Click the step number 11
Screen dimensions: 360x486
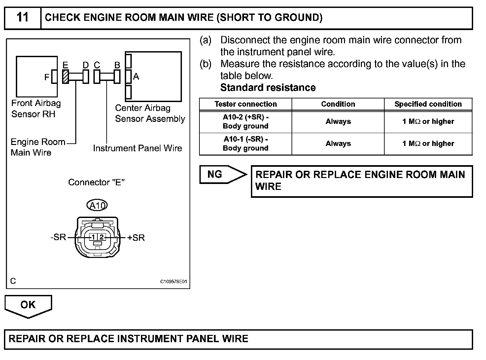22,18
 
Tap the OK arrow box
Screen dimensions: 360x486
28,305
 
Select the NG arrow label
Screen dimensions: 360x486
215,174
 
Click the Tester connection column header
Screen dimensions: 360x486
245,104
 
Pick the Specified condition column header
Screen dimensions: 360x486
428,104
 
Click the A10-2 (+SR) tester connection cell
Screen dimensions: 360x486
245,122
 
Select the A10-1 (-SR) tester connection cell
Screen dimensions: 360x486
245,144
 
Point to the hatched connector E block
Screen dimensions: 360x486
65,77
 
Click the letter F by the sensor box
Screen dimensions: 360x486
47,77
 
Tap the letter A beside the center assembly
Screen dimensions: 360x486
136,77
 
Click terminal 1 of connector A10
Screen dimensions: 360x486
93,237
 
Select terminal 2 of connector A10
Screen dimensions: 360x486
101,237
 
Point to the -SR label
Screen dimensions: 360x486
58,237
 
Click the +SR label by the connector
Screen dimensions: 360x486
136,238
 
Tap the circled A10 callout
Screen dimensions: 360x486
97,206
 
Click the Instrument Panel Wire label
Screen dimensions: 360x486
137,148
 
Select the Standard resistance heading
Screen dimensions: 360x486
268,88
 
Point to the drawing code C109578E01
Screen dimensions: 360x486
174,282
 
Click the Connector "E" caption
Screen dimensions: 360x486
96,182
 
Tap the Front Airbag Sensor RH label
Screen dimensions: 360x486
36,109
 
